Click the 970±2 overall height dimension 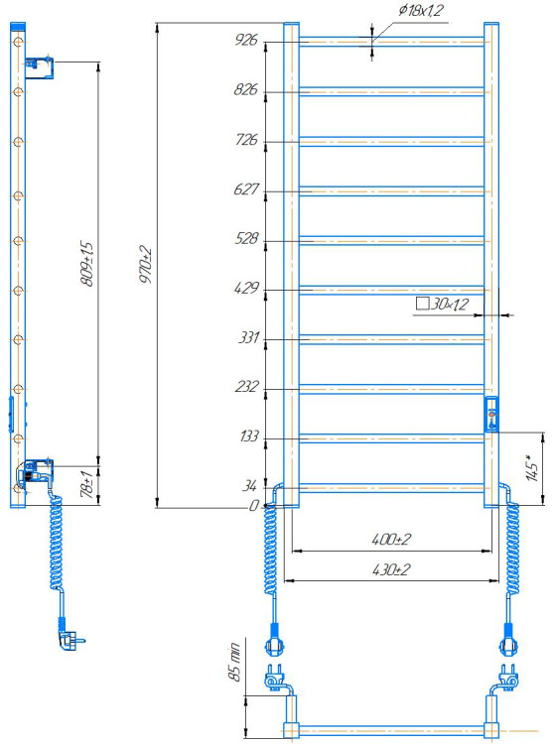point(146,264)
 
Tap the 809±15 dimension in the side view point(87,263)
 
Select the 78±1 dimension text point(87,484)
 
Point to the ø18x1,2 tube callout point(421,10)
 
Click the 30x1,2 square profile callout point(442,304)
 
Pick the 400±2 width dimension point(391,539)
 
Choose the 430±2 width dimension point(391,569)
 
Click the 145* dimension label point(532,467)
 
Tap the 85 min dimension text point(235,662)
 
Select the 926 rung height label point(246,40)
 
